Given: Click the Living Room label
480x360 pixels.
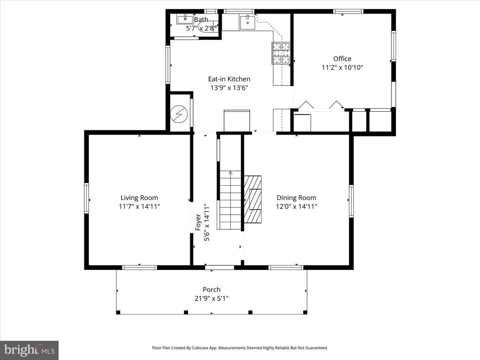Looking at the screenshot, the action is pyautogui.click(x=139, y=198).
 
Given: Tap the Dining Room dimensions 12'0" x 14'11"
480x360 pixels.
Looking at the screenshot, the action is pyautogui.click(x=296, y=207).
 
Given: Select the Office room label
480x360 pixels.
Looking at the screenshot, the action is pyautogui.click(x=342, y=59).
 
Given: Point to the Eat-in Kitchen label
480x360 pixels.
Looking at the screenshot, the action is pyautogui.click(x=229, y=79).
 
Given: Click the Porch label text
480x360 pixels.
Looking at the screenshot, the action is pyautogui.click(x=211, y=290).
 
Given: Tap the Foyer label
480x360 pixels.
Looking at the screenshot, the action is pyautogui.click(x=198, y=222).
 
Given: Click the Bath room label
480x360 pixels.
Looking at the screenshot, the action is pyautogui.click(x=201, y=20).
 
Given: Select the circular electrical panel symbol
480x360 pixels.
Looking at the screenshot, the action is pyautogui.click(x=178, y=114).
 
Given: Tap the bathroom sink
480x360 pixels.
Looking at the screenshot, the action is pyautogui.click(x=185, y=20).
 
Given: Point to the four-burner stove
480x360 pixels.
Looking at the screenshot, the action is pyautogui.click(x=281, y=53).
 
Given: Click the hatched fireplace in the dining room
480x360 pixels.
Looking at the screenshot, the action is pyautogui.click(x=253, y=199).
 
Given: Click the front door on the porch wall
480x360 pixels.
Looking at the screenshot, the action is pyautogui.click(x=219, y=268).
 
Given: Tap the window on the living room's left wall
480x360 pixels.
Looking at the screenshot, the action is pyautogui.click(x=87, y=198).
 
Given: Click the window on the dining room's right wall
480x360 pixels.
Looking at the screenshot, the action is pyautogui.click(x=351, y=201).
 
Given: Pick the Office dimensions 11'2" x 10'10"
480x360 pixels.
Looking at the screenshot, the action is pyautogui.click(x=342, y=67).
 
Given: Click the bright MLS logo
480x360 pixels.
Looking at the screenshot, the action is pyautogui.click(x=30, y=350).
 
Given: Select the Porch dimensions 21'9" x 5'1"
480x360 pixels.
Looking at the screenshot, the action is pyautogui.click(x=211, y=299).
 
